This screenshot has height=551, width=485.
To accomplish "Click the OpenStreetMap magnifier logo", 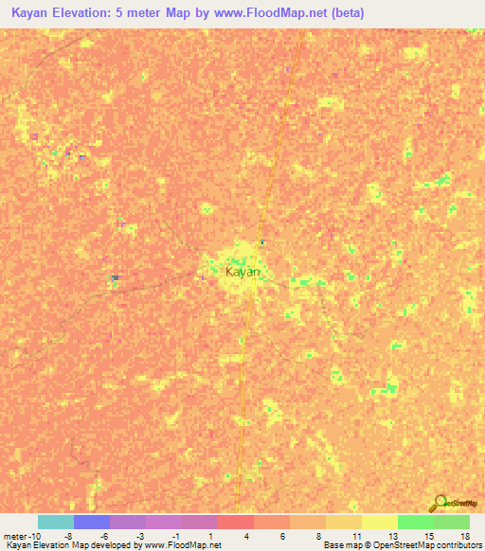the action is click(x=440, y=503).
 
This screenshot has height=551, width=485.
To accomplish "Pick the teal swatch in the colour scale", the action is click(x=56, y=522).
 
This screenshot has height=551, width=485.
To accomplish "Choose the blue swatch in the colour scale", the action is click(x=92, y=522).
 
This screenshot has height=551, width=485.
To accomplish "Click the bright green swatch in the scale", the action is click(x=415, y=522).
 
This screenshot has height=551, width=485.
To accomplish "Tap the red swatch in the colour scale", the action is click(x=236, y=522).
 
